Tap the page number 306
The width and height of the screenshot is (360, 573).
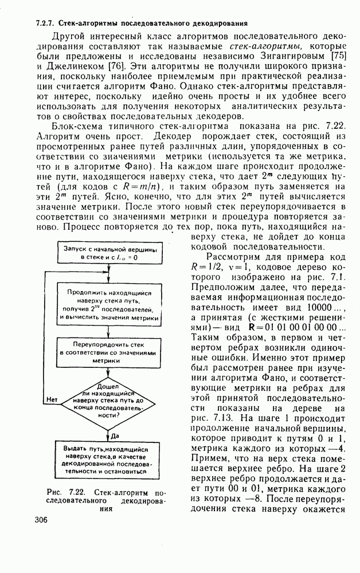41,520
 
